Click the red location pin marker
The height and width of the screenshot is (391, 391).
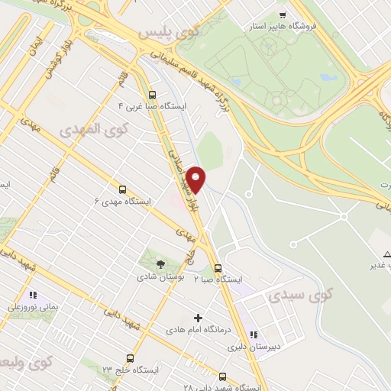tap(197, 179)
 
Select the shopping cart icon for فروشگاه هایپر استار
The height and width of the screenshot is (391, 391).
tap(283, 15)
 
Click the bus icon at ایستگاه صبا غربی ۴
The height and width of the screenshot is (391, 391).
tap(152, 95)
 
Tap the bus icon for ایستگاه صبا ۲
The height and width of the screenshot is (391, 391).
tap(218, 268)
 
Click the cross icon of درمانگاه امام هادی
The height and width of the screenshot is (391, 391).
tap(198, 317)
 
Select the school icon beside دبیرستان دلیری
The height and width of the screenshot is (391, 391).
tap(255, 334)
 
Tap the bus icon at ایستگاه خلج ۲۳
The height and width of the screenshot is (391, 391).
tap(130, 357)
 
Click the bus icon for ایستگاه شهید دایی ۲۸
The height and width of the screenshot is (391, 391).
tap(223, 376)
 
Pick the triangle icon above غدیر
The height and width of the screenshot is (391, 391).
tap(386, 253)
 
